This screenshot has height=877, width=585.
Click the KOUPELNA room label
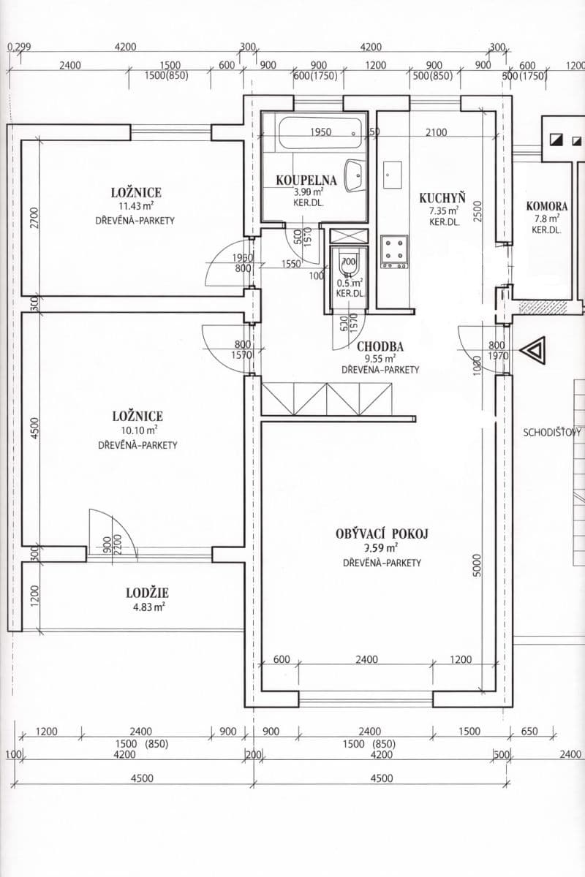[x=306, y=180]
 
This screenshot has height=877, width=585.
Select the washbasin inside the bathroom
[x=355, y=175]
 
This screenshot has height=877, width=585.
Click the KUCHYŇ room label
[x=442, y=197]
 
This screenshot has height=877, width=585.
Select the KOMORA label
[x=546, y=206]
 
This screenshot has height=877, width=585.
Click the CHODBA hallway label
[x=380, y=346]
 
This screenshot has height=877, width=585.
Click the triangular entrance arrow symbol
[x=532, y=350]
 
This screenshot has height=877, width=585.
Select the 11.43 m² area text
[x=135, y=207]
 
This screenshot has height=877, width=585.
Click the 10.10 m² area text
[x=137, y=430]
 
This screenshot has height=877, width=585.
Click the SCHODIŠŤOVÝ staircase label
[x=553, y=432]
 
